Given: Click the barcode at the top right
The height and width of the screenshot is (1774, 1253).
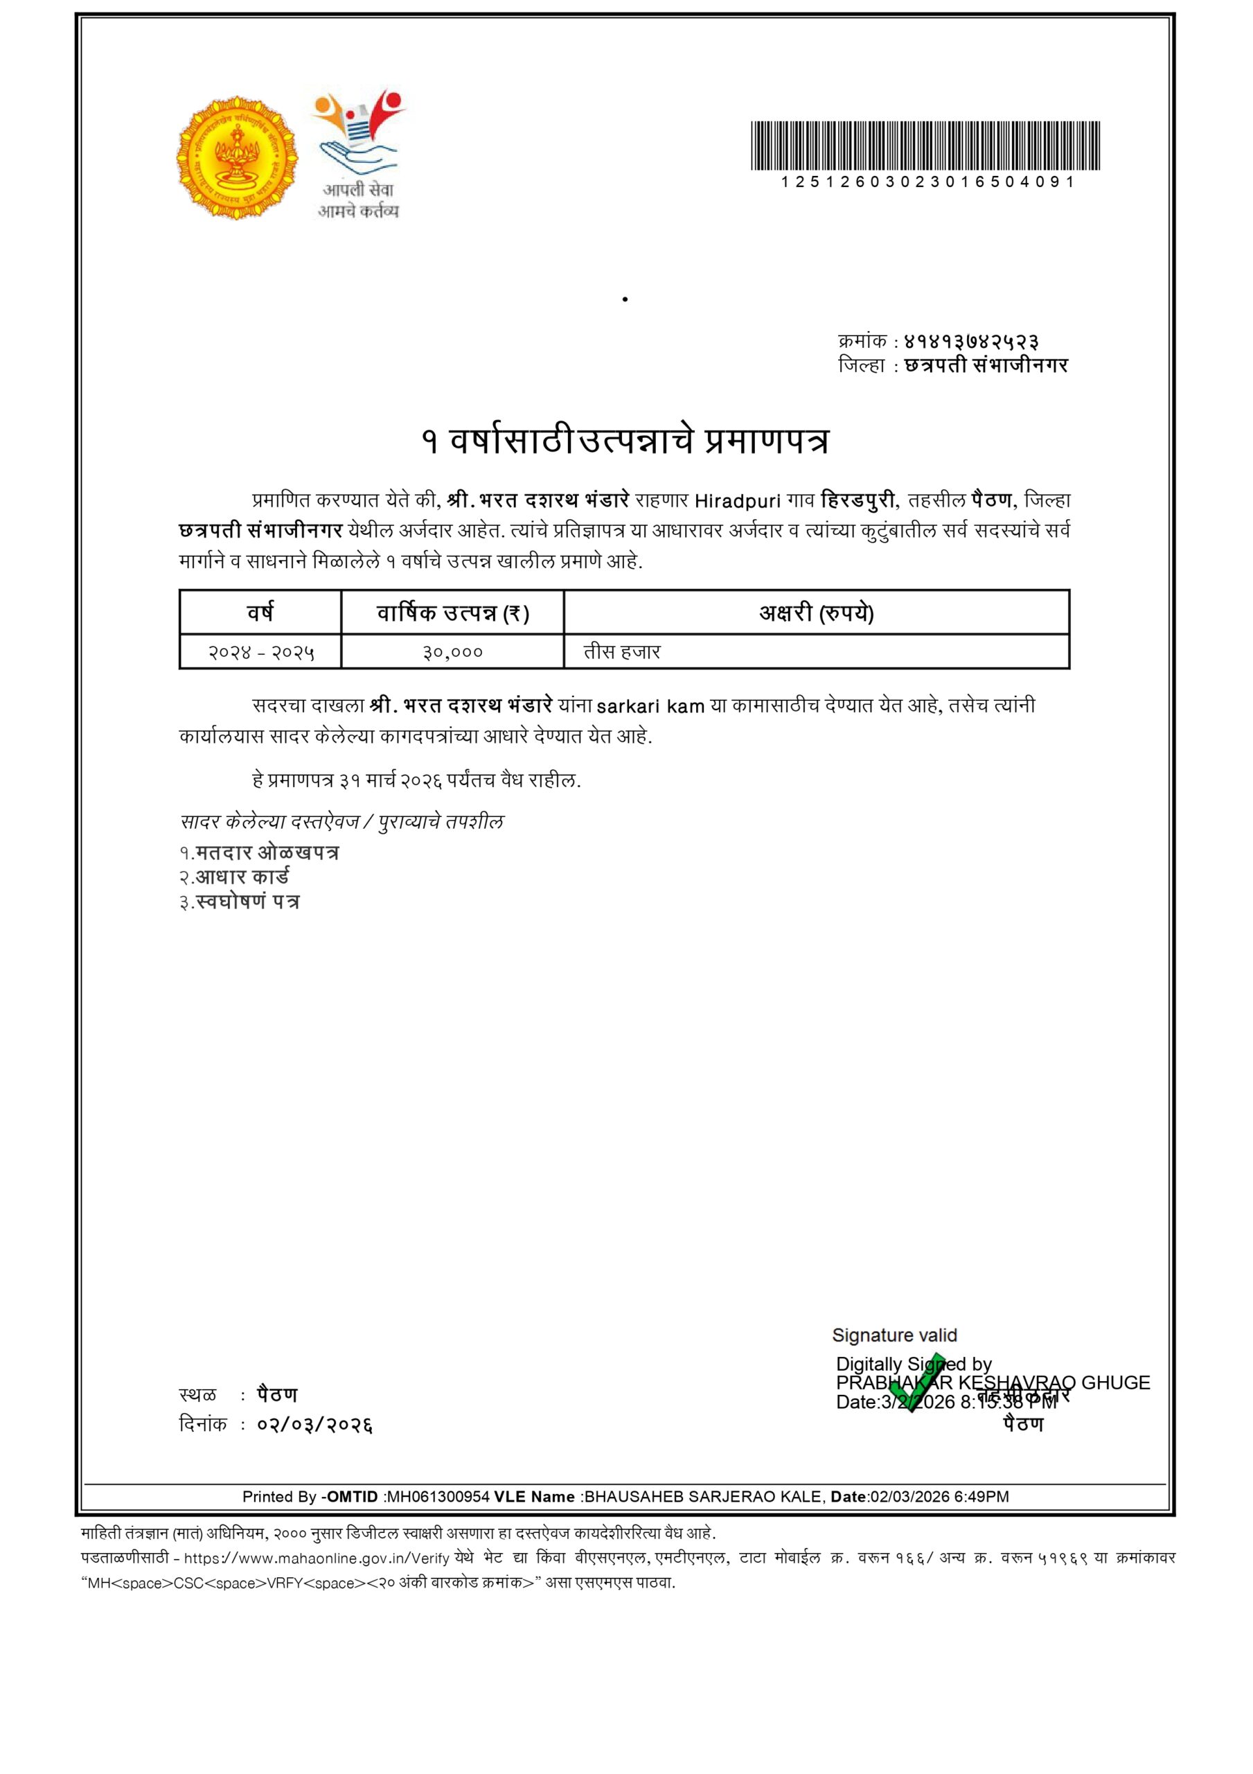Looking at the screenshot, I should pos(925,146).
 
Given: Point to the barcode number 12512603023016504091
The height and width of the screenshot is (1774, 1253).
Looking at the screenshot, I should pos(927,182).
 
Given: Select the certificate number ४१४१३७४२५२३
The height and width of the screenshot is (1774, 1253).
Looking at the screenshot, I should pos(971,341).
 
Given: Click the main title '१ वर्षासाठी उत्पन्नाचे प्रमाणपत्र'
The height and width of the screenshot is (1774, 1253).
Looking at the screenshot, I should pos(625,441).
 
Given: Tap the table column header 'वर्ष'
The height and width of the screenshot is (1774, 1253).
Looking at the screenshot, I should pos(260,613).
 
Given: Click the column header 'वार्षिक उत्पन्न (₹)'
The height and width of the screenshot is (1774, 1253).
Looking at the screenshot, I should pos(453,613).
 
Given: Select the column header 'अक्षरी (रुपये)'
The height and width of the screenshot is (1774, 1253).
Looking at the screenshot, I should pos(816,613).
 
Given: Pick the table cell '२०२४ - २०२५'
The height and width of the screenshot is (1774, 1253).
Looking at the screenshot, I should pos(260,652).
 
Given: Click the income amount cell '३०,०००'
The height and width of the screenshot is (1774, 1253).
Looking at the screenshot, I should pos(453,652).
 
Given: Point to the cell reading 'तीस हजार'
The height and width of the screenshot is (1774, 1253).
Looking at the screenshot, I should pos(622,652).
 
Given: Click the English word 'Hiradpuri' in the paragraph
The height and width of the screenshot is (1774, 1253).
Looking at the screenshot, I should pos(737,502).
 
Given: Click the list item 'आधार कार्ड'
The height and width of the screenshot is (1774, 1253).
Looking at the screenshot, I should pos(242,877).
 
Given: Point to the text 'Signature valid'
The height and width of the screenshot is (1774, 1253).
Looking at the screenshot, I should pos(894,1335).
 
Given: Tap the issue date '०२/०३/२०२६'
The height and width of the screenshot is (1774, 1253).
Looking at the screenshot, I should pos(314,1424).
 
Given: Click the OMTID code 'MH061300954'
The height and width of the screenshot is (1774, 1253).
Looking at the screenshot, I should pos(438,1497).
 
